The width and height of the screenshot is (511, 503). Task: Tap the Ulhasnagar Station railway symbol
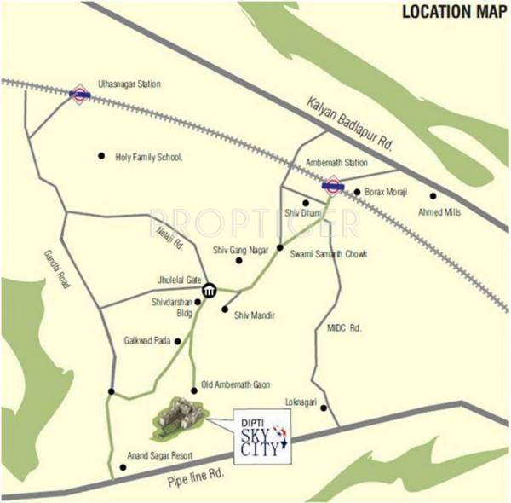[79, 95]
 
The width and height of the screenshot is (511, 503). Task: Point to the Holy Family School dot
[100, 156]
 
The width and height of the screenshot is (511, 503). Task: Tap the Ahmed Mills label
[440, 212]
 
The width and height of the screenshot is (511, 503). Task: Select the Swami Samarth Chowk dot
[279, 248]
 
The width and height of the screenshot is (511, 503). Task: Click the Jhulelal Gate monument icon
[209, 292]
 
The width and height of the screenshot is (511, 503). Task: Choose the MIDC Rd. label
[345, 327]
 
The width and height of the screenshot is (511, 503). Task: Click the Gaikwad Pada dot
[178, 341]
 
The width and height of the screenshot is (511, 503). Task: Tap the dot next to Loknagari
[324, 408]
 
